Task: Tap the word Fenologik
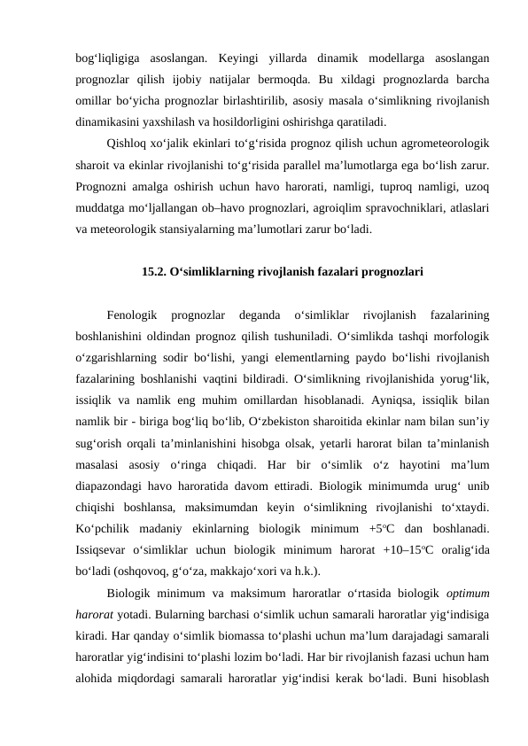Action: click(x=131, y=315)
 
